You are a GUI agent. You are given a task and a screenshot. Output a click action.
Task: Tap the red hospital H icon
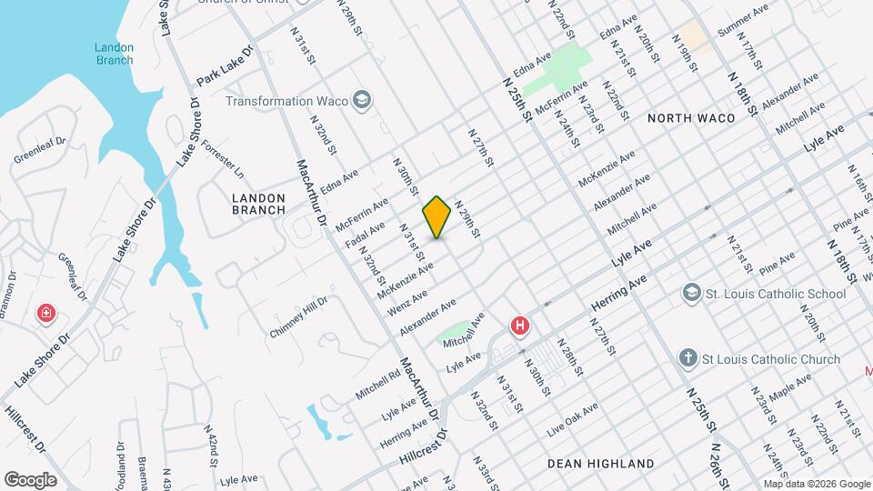coord(520,326)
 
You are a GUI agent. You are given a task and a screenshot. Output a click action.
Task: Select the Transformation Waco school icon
coord(362,100)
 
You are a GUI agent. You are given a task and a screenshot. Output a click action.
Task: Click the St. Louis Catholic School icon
coord(691,294)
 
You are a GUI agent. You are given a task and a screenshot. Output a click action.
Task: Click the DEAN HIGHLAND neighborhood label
coord(600,464)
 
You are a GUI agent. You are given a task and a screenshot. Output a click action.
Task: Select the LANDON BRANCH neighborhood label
coord(259,204)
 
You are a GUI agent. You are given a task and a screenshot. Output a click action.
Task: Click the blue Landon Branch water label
coord(115,54)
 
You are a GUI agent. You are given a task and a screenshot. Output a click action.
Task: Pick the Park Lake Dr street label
coord(223,66)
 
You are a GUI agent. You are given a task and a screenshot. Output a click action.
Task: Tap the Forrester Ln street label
coord(224,158)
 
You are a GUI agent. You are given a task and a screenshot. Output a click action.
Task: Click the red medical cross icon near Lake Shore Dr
coord(45,315)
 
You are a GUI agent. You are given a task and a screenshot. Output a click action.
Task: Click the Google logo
coord(30,480)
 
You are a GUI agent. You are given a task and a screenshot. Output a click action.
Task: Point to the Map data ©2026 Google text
coord(816,484)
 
